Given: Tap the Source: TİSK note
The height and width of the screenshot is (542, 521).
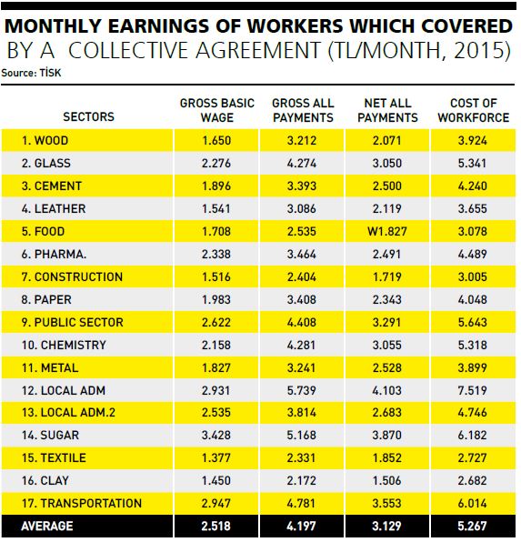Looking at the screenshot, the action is coord(31,73).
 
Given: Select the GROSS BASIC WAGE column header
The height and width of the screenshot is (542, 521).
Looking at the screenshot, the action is coord(217,110).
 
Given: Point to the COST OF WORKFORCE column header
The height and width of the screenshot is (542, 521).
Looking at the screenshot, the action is coord(474,110).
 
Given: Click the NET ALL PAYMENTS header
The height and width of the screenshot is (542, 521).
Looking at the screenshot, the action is coord(387,110).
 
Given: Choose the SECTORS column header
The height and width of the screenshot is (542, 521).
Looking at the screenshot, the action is coord(88,116).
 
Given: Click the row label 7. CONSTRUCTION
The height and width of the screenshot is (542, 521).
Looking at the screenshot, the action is coord(72,276).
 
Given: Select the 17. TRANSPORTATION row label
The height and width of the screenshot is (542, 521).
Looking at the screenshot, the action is coord(82,503).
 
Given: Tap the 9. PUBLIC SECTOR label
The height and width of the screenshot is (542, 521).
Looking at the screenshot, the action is coord(72,322).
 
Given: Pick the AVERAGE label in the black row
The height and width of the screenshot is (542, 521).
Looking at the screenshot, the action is coord(47,527).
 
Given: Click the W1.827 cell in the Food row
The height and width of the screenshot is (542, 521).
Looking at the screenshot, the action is coord(387,231).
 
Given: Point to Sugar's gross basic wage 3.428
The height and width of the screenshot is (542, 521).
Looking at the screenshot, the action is coord(216,435).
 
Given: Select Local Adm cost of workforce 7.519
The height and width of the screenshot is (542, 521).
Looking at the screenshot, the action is coord(472,390).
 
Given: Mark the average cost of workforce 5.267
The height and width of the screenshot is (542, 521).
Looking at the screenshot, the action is coord(472,527).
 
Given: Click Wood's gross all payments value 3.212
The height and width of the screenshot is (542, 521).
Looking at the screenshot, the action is coord(302,140).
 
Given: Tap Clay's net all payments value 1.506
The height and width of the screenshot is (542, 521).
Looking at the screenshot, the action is coord(386,480).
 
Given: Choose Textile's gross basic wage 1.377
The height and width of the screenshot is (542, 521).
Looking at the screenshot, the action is coord(216,457).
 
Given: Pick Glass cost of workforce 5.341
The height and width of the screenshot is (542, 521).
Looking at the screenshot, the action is coord(472,163).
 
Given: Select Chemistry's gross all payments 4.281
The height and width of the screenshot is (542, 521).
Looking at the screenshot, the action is coord(301,345).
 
